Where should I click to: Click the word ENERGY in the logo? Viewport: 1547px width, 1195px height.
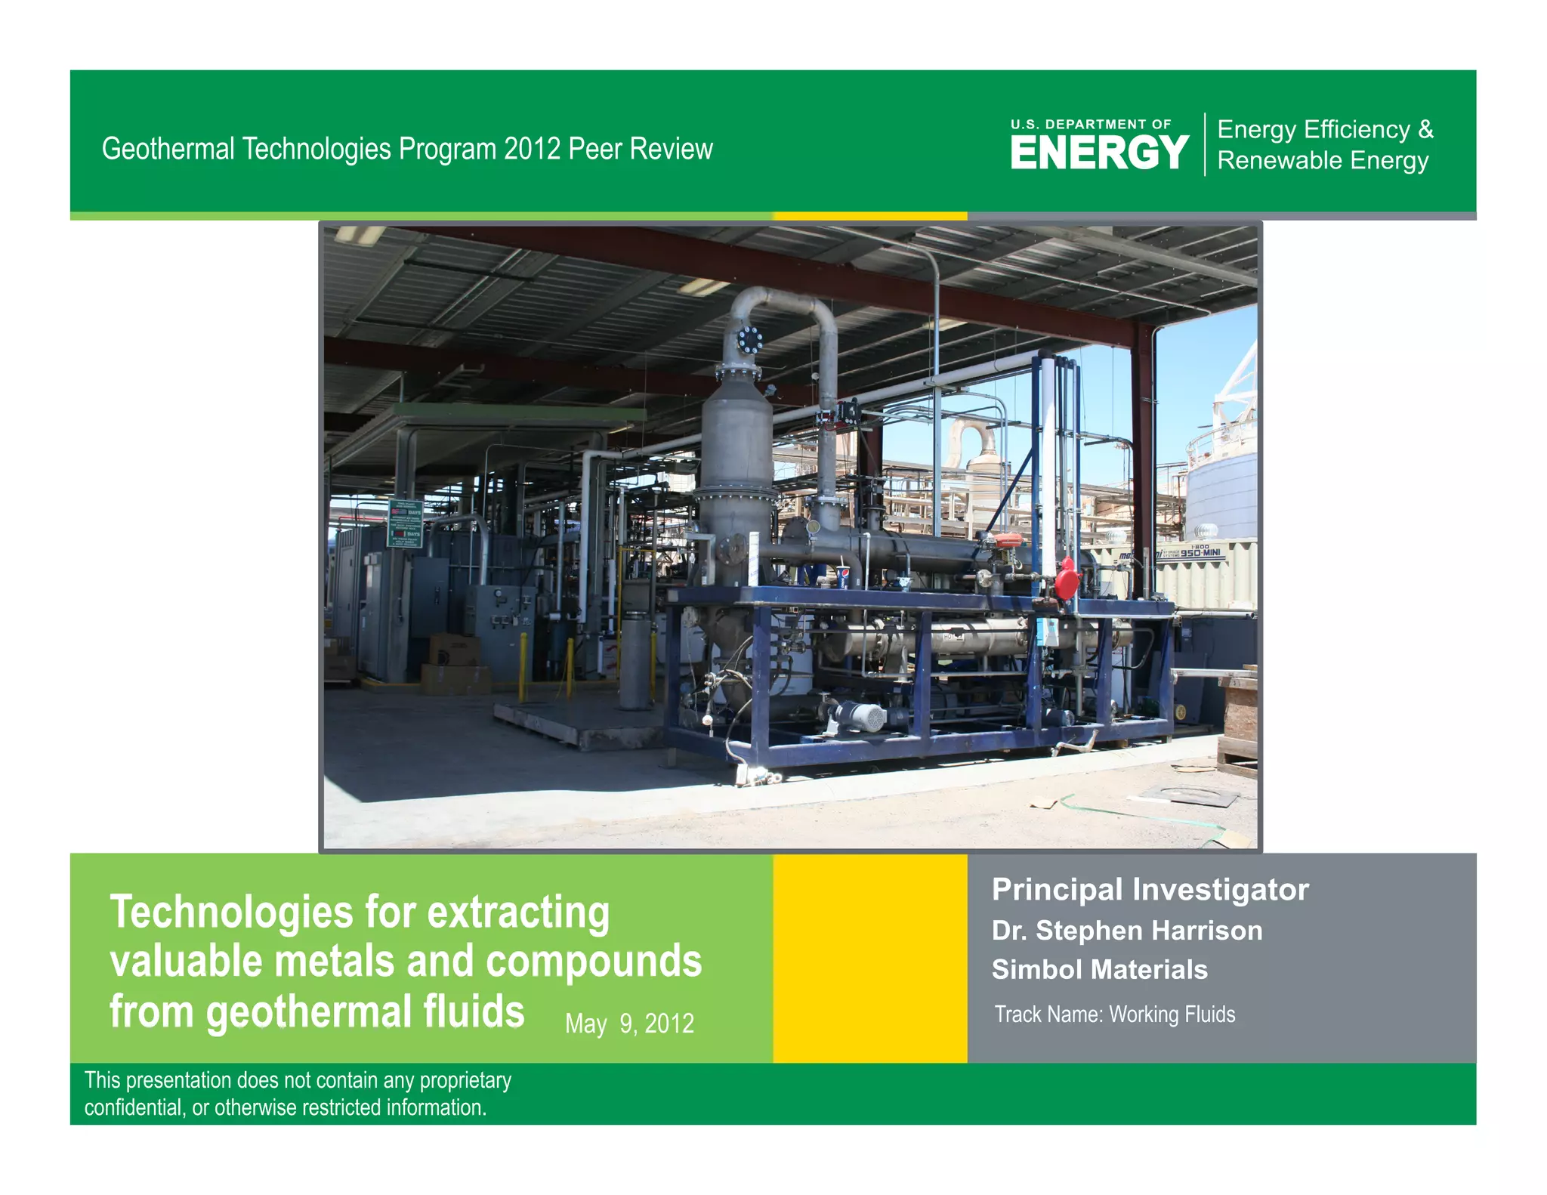[x=1099, y=153]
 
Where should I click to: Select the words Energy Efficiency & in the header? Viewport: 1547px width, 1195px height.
[x=1325, y=129]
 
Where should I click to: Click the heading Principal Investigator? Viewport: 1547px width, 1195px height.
[x=1150, y=889]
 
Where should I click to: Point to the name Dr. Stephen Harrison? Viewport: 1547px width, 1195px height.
[x=1126, y=931]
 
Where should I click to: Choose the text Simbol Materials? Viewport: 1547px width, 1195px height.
[x=1099, y=969]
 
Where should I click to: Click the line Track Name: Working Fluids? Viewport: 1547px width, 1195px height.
[x=1114, y=1014]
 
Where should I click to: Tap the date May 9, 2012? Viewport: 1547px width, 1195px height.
[x=629, y=1024]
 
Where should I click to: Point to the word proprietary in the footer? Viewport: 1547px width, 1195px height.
[x=465, y=1080]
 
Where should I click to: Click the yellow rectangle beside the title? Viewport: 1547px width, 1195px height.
[x=869, y=958]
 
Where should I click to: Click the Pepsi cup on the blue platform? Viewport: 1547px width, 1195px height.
[x=843, y=577]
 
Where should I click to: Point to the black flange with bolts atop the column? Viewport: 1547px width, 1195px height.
[x=749, y=340]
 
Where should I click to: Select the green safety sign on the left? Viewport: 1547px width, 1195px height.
[x=406, y=523]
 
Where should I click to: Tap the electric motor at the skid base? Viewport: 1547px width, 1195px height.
[x=860, y=715]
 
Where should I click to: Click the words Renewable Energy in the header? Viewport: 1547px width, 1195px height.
[x=1323, y=161]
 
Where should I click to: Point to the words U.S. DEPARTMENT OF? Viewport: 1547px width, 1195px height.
[x=1091, y=124]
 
